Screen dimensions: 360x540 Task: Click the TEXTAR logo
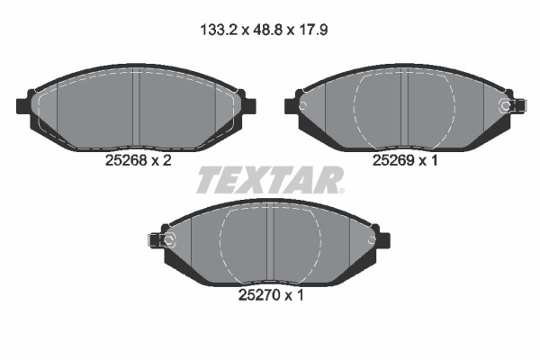pyautogui.click(x=269, y=180)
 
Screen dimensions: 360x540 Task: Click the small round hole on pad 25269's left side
pyautogui.click(x=304, y=107)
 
